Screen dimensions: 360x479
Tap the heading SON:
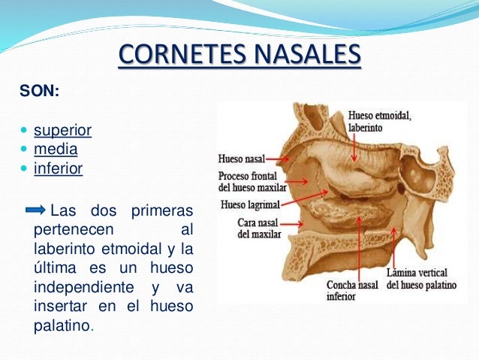40,93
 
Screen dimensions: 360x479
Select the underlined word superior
62,131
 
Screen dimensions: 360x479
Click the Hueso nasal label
240,159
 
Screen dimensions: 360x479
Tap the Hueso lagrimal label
250,203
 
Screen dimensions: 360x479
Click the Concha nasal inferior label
352,291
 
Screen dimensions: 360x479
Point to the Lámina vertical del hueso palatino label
421,279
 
